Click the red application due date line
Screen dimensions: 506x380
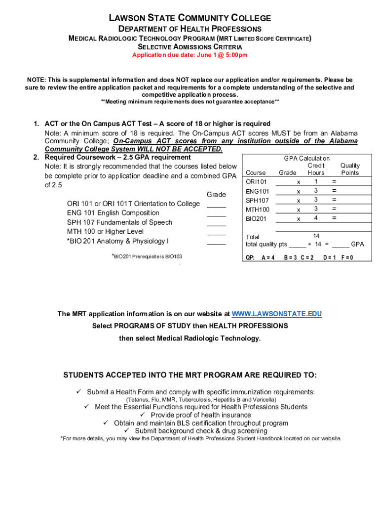(x=190, y=55)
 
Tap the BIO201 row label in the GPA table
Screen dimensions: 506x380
(x=256, y=218)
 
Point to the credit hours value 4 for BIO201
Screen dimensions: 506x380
(x=316, y=218)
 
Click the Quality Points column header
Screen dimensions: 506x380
(x=350, y=169)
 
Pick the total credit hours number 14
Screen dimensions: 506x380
(x=316, y=236)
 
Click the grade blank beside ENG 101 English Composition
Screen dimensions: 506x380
(x=216, y=215)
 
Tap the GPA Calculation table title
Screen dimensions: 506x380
(x=306, y=159)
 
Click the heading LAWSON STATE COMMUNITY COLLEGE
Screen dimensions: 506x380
(x=190, y=18)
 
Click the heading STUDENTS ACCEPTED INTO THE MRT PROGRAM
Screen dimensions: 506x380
(x=190, y=375)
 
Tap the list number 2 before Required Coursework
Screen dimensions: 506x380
(x=36, y=157)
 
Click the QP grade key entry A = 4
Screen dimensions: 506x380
(x=267, y=257)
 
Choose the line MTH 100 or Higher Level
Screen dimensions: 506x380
(x=105, y=232)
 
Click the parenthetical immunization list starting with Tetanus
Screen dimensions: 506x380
(x=201, y=399)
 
